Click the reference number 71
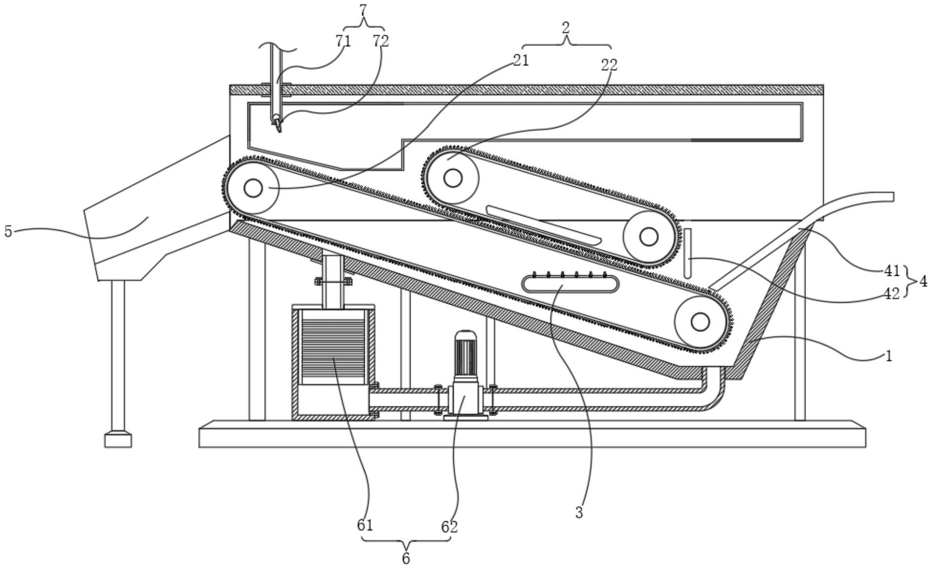342,41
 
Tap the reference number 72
381,41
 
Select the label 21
520,60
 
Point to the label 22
609,64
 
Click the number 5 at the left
8,231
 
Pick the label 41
892,270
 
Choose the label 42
892,294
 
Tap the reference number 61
365,525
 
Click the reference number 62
449,527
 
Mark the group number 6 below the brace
406,559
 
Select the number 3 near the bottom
579,513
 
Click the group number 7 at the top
364,8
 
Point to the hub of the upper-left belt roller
253,188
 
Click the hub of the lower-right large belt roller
700,322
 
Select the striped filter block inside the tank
333,351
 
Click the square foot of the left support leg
118,439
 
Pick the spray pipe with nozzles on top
570,284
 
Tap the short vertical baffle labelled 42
687,253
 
